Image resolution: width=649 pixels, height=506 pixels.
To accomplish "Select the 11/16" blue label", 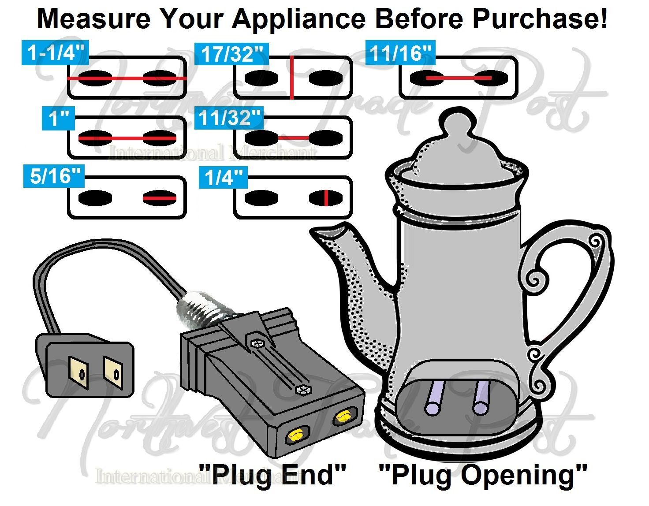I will click(400, 53).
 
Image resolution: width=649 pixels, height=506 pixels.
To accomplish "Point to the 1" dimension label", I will click(58, 119).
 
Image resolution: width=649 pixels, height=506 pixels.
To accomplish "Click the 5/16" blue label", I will click(53, 176).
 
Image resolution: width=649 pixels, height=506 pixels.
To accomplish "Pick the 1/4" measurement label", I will click(223, 178).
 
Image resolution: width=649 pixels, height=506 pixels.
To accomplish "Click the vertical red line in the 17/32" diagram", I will click(292, 78).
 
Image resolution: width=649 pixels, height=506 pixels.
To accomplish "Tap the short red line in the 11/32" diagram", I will click(294, 138).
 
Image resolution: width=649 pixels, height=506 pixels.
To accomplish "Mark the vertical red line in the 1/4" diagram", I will click(325, 198).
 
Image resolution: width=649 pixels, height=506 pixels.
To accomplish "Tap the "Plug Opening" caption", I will click(483, 475).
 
